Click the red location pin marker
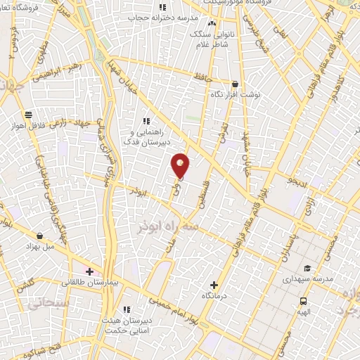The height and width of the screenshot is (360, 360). coord(181,165)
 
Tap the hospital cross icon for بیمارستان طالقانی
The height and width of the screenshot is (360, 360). coord(89,271)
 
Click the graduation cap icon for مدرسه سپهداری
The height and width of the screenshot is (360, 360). coord(307,269)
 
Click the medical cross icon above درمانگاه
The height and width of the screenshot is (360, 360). coord(214,285)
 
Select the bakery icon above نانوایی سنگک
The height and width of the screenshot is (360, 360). coord(212,23)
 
